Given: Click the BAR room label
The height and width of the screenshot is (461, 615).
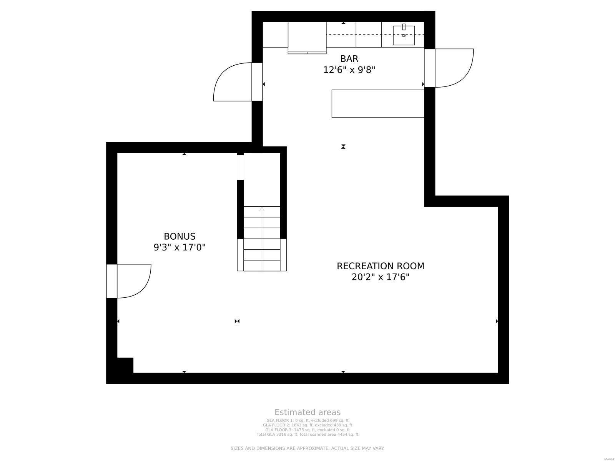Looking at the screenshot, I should [349, 59].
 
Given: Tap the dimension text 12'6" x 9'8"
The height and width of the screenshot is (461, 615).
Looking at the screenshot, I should [349, 70].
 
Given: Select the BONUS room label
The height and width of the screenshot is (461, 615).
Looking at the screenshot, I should [180, 236].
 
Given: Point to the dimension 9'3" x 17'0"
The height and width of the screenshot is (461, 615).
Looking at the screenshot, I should [180, 247].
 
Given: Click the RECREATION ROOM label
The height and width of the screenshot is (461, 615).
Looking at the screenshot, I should [381, 266].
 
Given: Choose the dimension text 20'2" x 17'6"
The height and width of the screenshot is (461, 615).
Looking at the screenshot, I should [381, 277].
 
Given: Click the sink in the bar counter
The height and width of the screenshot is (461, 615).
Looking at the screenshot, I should [404, 35].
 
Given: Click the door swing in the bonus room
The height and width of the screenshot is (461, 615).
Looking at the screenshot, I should [133, 280].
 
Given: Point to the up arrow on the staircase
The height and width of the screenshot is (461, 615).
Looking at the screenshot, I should [262, 210].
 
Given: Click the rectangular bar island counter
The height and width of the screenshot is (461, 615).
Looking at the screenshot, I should [378, 103].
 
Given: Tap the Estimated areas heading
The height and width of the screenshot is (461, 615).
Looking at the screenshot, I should [307, 412].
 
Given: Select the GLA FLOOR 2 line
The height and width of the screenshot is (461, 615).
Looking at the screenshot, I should [307, 425].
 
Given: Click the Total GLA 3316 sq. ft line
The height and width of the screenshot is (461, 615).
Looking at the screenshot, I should [307, 434].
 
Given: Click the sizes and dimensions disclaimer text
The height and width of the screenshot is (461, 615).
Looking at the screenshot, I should [307, 448].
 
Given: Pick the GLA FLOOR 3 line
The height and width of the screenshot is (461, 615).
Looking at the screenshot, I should [307, 430].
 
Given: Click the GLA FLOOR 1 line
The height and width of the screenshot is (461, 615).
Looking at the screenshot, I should [307, 421].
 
